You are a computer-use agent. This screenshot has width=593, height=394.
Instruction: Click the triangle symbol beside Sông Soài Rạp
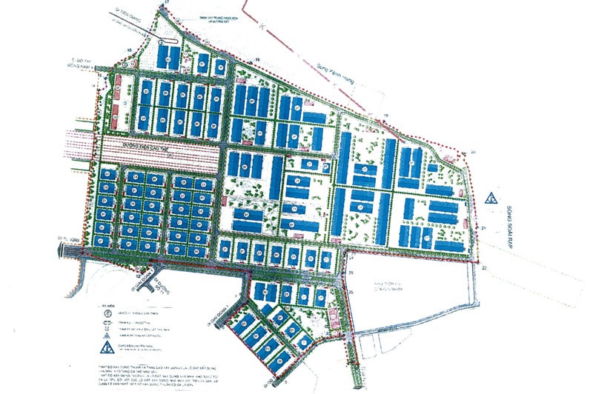(x=490, y=198)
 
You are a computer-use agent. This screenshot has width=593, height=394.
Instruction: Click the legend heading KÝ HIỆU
(x=110, y=304)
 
